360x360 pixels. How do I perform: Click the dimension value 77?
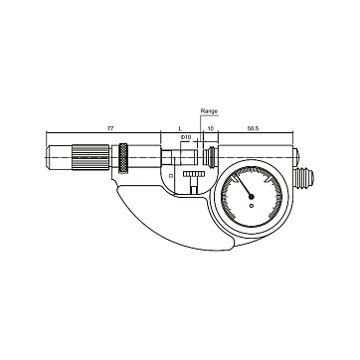pos(110,128)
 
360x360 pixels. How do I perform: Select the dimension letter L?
pos(180,128)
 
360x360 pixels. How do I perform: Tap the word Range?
pos(209,111)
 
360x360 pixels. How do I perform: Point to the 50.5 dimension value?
pos(253,128)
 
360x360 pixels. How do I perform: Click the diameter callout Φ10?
pos(186,137)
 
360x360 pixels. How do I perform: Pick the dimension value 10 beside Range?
pos(210,128)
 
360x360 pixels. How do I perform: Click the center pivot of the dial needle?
pos(252,197)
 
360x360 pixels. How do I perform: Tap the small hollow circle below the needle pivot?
pos(252,206)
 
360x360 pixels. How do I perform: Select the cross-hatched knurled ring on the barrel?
pos(123,158)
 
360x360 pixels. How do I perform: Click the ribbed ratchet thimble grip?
pos(90,157)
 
